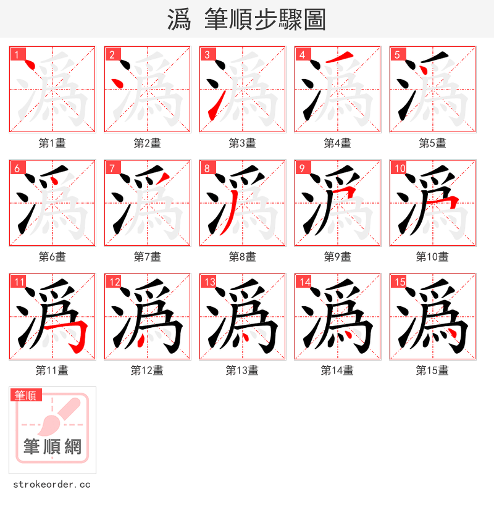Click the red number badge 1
coord(17,54)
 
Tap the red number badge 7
coord(112,168)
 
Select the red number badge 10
coord(399,168)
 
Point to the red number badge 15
coord(399,282)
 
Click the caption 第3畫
coord(242,143)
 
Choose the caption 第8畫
coord(242,257)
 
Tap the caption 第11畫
coord(52,370)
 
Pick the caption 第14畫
coord(337,370)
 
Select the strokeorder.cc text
coord(52,485)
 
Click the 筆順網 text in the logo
coord(52,446)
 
